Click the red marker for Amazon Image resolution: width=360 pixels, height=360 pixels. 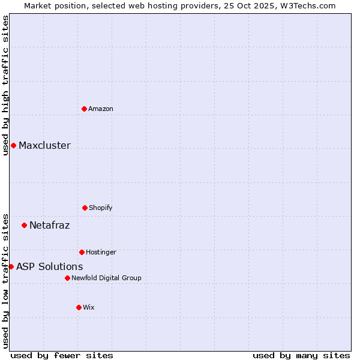click(x=84, y=109)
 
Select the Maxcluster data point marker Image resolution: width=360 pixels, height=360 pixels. click(x=13, y=145)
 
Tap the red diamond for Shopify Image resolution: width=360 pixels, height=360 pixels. click(x=85, y=208)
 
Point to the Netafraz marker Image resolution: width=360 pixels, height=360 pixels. click(x=24, y=225)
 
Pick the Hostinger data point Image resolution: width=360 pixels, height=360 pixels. click(x=82, y=252)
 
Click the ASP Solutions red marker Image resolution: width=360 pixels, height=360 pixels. click(x=11, y=266)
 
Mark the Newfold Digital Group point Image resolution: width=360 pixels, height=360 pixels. click(x=67, y=278)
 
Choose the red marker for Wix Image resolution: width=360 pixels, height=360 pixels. click(x=79, y=307)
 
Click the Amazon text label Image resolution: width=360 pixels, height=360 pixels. click(x=101, y=109)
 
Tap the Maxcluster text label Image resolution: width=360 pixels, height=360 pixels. click(x=44, y=145)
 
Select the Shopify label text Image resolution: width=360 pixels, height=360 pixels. click(x=101, y=208)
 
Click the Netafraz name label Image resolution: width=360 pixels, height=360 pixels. click(x=49, y=225)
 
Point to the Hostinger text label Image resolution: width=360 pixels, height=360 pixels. click(x=101, y=252)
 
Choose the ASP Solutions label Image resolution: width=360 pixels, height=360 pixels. click(x=49, y=266)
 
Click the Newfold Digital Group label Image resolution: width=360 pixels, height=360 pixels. click(x=106, y=278)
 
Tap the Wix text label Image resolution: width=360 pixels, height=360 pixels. click(x=89, y=307)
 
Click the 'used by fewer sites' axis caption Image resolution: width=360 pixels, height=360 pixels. click(x=62, y=355)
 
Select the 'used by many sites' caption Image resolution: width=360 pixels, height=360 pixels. click(x=301, y=355)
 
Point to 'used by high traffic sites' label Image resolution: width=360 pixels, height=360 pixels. click(x=5, y=85)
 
